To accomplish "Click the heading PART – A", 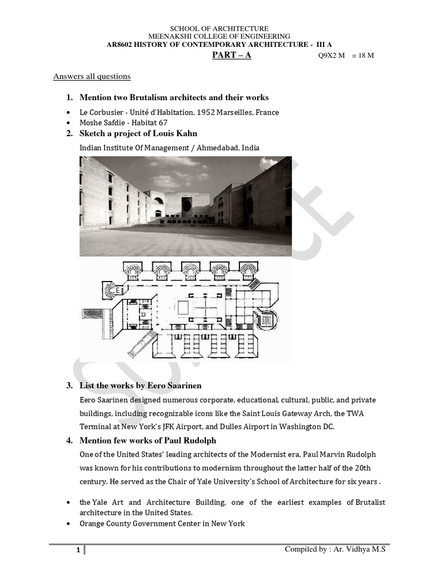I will tap(232, 56).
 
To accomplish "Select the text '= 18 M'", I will tap(363, 56).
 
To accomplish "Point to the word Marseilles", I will tap(234, 113).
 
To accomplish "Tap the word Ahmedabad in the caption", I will tap(214, 148).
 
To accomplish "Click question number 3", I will tap(69, 386).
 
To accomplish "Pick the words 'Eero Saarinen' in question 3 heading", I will tap(175, 386).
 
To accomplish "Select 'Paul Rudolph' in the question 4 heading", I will tap(190, 441).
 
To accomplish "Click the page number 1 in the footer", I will tap(79, 551).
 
